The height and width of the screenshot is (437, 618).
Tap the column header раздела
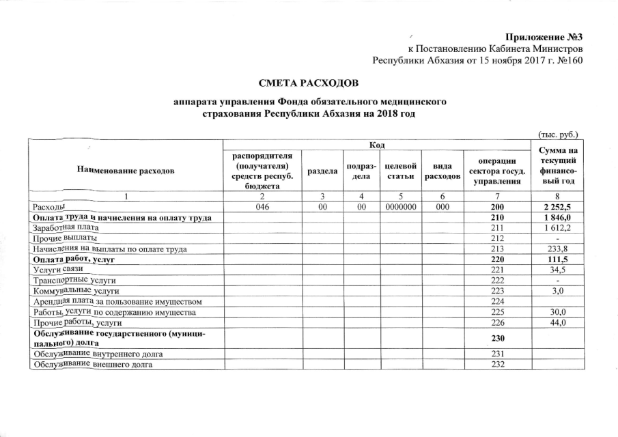[320, 172]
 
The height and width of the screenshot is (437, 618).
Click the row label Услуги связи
[53, 270]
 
